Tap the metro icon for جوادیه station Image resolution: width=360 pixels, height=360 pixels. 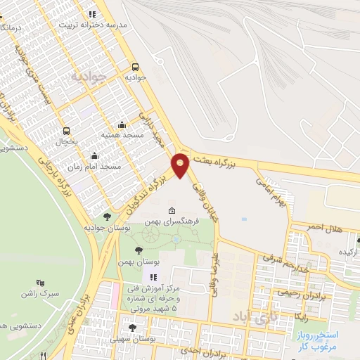[x=135, y=67]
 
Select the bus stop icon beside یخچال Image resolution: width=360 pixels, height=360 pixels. [x=67, y=131]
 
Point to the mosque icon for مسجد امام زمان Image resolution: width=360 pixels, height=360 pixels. [x=94, y=156]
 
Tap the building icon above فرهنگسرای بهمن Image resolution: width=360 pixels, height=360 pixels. [x=172, y=211]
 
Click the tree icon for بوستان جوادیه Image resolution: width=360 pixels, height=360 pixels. [x=107, y=217]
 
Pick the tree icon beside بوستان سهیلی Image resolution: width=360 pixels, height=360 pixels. [x=132, y=328]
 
